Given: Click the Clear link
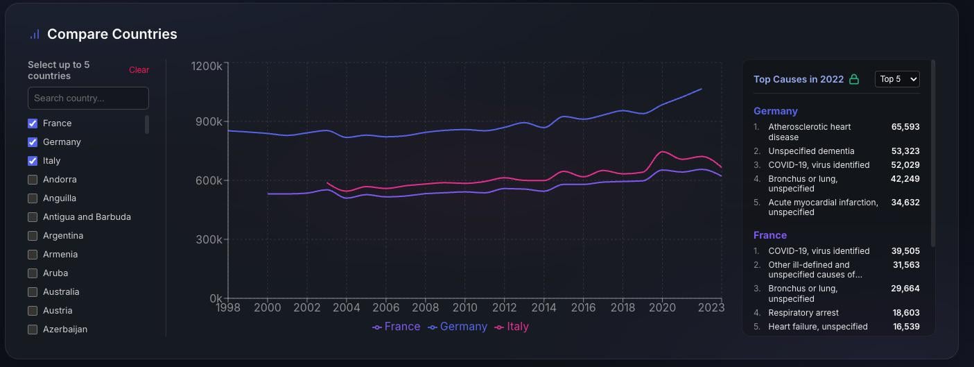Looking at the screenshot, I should pos(139,70).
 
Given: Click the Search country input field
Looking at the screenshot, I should pos(88,98).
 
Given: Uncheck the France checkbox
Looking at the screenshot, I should pos(33,123).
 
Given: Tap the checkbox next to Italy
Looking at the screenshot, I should pos(33,161).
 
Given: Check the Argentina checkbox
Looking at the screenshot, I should pos(33,236).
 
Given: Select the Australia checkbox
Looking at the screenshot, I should pos(33,292).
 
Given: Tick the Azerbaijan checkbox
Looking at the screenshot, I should pos(33,330).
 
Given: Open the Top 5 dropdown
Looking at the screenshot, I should pos(897,79).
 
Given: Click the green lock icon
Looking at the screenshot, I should pos(854,79).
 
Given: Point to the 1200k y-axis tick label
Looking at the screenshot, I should pos(207,66).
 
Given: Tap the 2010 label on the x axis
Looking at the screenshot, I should pos(464,307).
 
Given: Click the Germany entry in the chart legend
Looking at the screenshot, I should pos(458,327).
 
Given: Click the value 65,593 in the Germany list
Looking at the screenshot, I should pos(905,127).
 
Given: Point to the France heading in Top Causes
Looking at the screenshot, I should pos(770,235).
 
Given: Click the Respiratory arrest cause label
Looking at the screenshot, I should pos(803,313).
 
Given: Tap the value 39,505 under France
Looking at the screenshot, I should pos(905,251).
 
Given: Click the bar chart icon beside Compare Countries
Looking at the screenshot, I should pos(35,34).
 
